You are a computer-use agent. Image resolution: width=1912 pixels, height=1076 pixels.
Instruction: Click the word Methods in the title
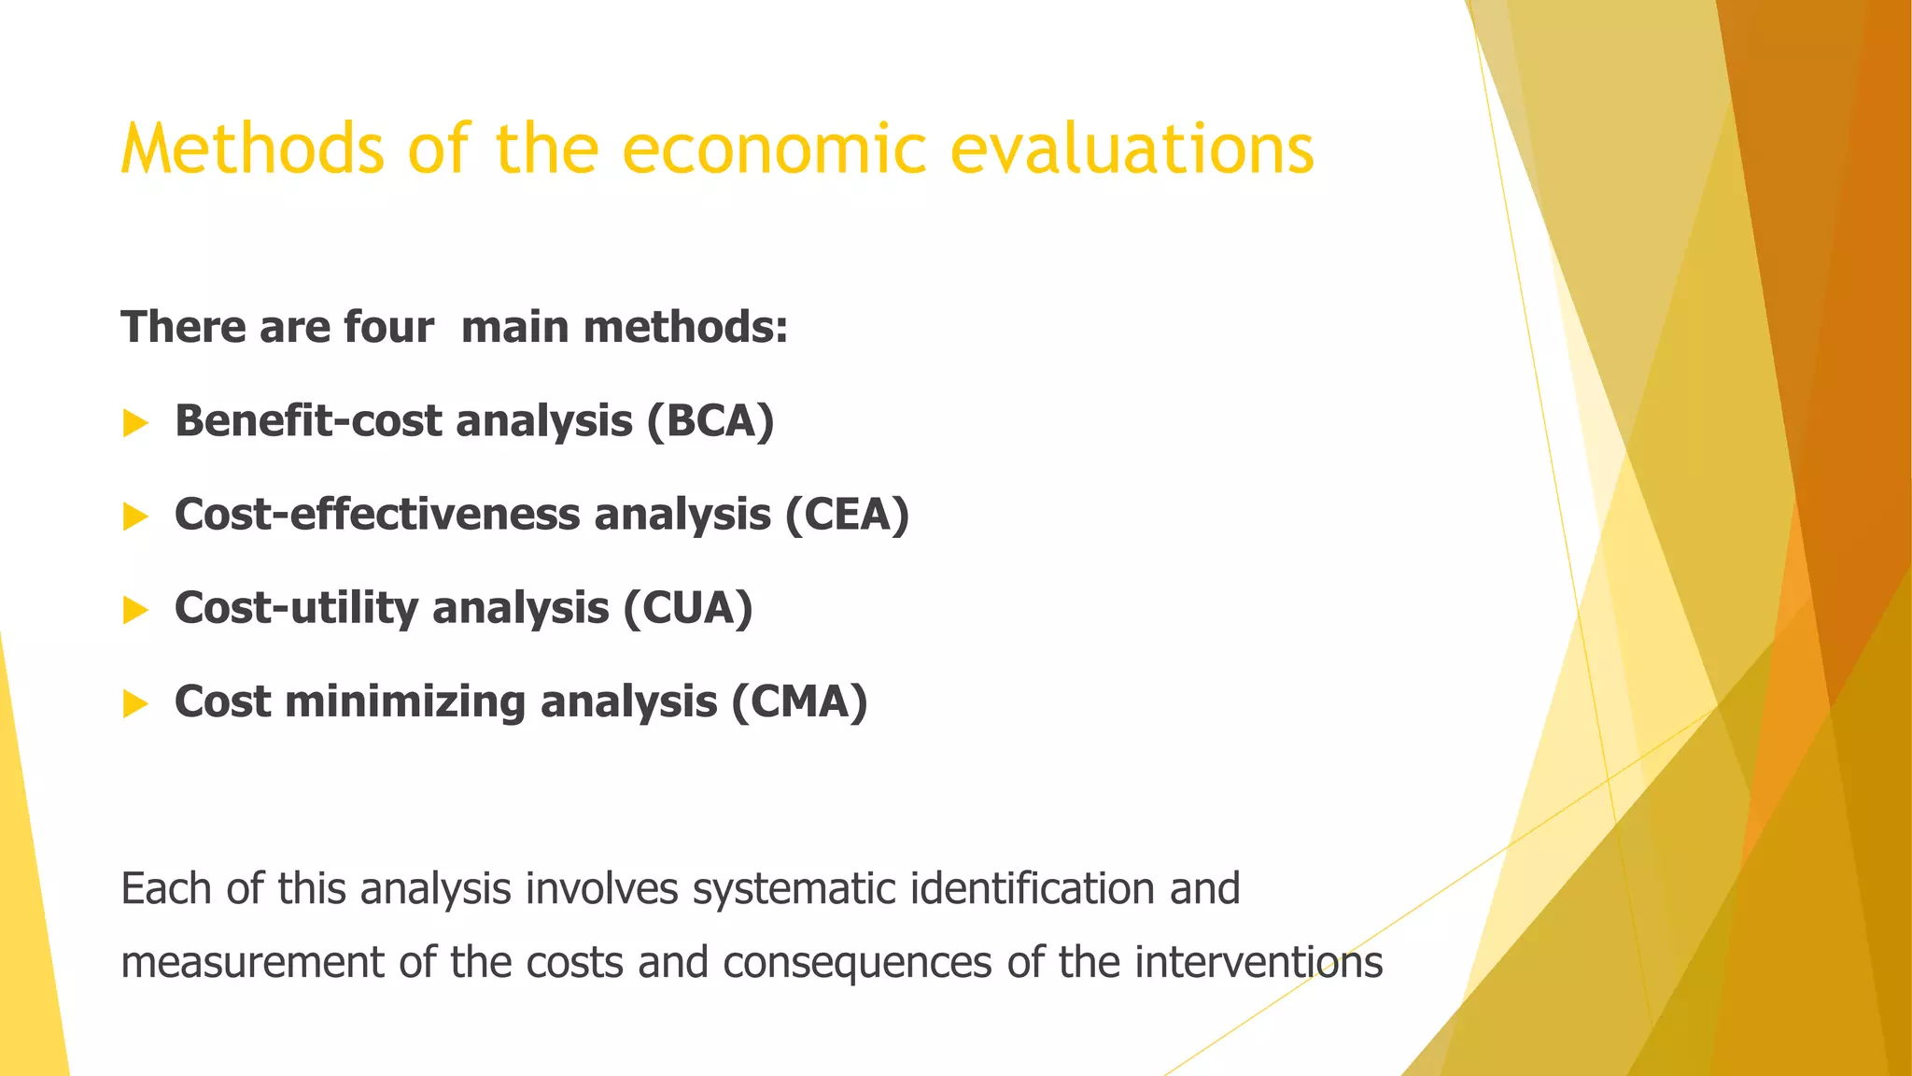[x=252, y=149]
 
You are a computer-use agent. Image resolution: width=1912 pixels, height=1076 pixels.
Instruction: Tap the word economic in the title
[x=774, y=149]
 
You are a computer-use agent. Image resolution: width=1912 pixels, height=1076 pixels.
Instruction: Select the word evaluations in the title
[x=1132, y=149]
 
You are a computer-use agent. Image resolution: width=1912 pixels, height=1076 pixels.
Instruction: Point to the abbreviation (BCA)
[x=710, y=421]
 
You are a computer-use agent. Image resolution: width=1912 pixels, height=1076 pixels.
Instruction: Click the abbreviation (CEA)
[x=847, y=515]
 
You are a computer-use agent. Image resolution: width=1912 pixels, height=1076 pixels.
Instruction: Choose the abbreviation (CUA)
[x=688, y=608]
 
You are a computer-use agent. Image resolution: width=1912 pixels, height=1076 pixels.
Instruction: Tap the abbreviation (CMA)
[x=799, y=701]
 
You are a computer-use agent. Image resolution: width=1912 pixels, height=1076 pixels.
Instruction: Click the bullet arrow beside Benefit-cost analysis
[x=135, y=423]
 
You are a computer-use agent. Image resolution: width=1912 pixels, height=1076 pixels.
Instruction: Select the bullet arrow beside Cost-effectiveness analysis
[x=135, y=517]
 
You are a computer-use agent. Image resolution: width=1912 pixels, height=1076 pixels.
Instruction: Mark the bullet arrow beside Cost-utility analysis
[x=135, y=610]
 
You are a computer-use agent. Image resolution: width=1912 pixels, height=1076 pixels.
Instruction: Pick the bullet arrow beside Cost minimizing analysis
[x=135, y=703]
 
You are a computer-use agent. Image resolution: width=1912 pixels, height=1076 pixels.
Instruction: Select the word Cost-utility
[x=297, y=608]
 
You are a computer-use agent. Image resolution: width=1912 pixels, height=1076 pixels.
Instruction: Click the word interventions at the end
[x=1258, y=963]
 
